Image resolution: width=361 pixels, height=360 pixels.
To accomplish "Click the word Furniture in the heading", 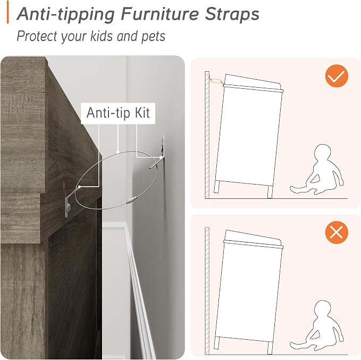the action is (159, 14).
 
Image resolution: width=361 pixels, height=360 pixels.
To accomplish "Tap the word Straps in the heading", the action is (232, 14).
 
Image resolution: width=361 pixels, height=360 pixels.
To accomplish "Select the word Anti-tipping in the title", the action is (65, 15).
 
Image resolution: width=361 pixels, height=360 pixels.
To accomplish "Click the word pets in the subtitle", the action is (153, 36).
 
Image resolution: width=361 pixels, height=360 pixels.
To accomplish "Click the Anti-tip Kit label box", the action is (118, 113).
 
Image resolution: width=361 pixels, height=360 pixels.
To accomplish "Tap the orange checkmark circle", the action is (337, 76).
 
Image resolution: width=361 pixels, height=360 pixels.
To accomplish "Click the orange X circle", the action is (337, 232).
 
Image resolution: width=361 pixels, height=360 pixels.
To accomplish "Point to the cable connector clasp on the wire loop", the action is (132, 199).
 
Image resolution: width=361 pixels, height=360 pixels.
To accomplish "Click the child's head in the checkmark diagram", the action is (323, 152).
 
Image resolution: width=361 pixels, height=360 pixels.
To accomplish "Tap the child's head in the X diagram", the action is (323, 308).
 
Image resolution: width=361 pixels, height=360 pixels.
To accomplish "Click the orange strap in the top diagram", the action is (216, 81).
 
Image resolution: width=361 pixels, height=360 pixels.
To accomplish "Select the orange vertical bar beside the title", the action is (7, 12).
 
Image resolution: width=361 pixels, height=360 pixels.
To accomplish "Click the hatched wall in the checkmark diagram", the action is (207, 135).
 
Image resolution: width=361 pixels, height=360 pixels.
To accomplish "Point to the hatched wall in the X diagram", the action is (207, 291).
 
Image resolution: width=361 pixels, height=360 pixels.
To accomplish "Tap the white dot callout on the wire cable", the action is (117, 152).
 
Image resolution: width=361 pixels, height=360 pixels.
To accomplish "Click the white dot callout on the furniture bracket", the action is (79, 187).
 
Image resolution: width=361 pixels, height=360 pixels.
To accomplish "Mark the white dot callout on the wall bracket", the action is (161, 157).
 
